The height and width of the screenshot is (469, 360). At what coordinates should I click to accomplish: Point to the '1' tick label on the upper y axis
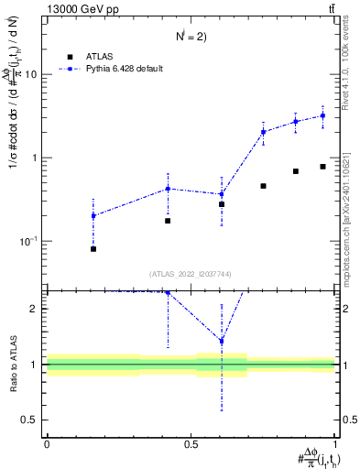coord(34,158)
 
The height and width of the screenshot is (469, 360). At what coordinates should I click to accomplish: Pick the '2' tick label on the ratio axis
coord(34,309)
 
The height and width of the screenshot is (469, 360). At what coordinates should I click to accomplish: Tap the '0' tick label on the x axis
coord(46,444)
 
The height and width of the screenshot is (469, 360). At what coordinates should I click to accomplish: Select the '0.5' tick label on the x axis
coord(191,444)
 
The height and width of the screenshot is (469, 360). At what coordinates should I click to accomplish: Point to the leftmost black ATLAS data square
coord(93,248)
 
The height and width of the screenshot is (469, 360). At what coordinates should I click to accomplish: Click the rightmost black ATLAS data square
coord(322,167)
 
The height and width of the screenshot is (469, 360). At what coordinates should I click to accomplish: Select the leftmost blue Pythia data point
coord(93,216)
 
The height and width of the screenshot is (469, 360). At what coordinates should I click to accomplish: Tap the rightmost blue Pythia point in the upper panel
coord(322,115)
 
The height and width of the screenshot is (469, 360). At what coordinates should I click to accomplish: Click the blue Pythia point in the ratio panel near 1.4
coord(222,341)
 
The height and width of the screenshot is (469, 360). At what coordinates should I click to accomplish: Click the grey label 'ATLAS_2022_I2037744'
coord(191,274)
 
